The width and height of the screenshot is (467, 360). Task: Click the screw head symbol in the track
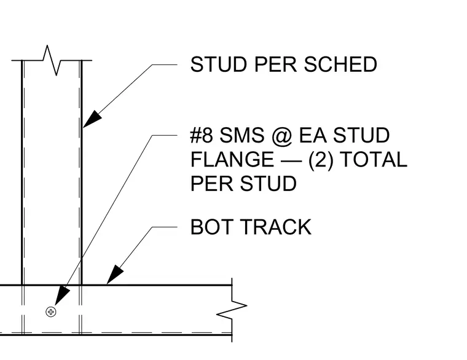51,311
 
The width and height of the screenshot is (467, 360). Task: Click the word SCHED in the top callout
340,65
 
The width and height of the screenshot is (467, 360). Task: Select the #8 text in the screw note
202,135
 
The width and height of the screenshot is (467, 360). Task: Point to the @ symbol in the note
282,136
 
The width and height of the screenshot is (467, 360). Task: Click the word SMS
242,135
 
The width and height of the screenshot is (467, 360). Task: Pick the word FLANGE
232,159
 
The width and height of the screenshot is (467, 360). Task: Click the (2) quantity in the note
321,160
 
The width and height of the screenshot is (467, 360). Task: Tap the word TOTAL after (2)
373,159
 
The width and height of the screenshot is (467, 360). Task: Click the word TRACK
276,227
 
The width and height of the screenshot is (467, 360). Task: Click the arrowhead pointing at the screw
62,295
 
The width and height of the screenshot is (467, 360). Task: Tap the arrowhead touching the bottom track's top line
115,275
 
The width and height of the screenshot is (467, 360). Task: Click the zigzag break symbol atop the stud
52,60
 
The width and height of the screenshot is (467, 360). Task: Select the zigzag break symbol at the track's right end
232,310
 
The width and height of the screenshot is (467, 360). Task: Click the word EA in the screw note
312,135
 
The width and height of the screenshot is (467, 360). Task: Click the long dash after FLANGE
291,161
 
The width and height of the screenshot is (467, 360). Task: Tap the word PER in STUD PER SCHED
275,65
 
